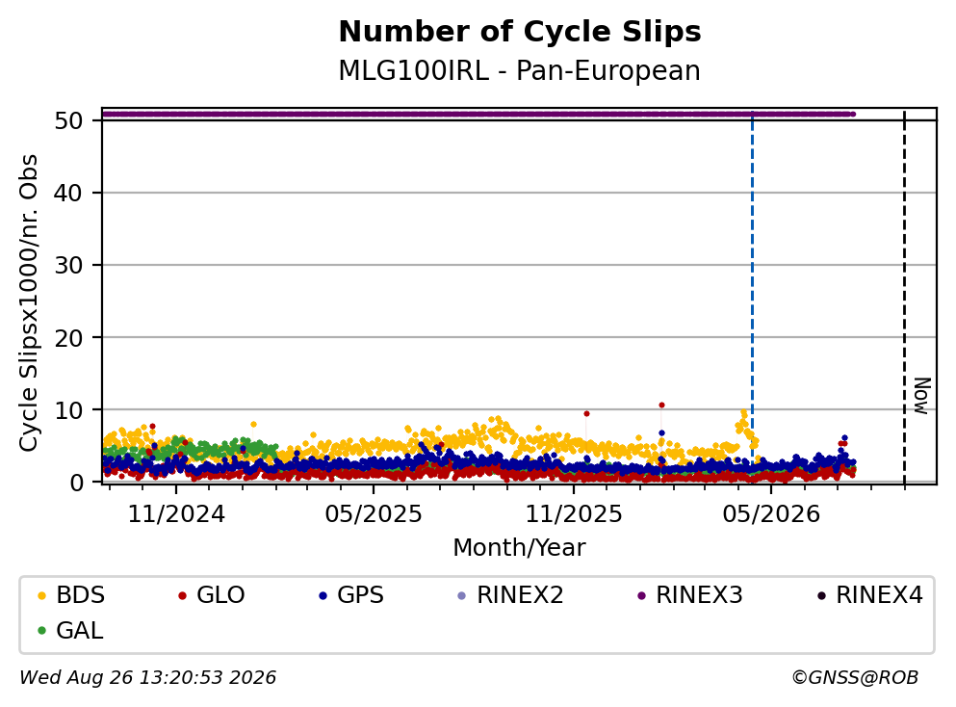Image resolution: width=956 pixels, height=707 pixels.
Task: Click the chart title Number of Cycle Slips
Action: [x=520, y=32]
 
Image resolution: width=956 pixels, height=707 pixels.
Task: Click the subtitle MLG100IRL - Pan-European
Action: [x=520, y=70]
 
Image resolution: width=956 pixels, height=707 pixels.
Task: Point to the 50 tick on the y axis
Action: [x=68, y=120]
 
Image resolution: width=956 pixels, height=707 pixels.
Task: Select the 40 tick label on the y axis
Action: [x=68, y=194]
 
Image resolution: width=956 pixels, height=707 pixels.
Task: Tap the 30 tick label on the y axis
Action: [x=68, y=265]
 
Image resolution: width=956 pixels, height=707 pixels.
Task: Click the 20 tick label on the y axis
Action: [x=68, y=338]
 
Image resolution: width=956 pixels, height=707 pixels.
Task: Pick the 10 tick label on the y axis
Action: [x=68, y=410]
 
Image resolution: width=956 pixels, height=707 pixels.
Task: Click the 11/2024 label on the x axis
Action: [x=176, y=514]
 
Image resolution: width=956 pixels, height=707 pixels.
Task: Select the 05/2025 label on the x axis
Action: [x=374, y=514]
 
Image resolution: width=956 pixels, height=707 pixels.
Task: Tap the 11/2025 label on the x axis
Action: [x=574, y=514]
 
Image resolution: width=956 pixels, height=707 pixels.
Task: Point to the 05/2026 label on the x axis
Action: [x=771, y=514]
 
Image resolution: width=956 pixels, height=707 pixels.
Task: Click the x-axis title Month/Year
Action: [x=520, y=548]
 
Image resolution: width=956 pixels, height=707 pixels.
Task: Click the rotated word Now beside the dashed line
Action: [x=922, y=396]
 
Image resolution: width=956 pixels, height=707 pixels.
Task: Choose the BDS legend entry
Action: [x=71, y=594]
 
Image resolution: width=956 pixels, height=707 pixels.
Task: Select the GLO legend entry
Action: [x=212, y=594]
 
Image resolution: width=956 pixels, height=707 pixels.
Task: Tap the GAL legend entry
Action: [x=70, y=630]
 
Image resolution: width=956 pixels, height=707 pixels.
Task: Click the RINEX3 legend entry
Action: [x=690, y=594]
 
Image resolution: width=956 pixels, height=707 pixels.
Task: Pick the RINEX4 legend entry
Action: [x=870, y=594]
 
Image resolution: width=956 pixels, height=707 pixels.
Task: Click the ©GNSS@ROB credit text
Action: [x=855, y=677]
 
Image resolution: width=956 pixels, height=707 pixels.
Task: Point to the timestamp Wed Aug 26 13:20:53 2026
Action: [x=148, y=677]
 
